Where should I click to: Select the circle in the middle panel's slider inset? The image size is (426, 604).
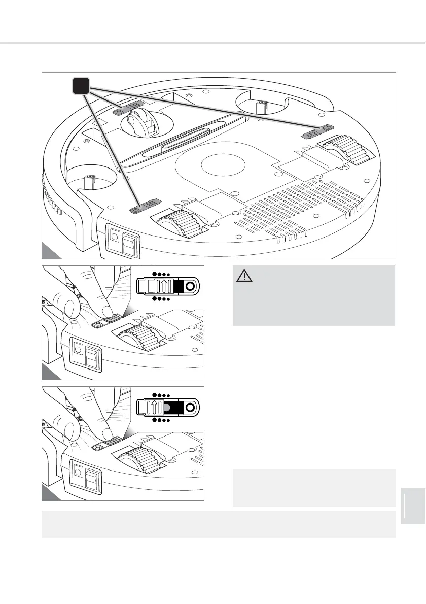[x=190, y=286]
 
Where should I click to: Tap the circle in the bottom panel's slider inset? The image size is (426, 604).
[x=190, y=408]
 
